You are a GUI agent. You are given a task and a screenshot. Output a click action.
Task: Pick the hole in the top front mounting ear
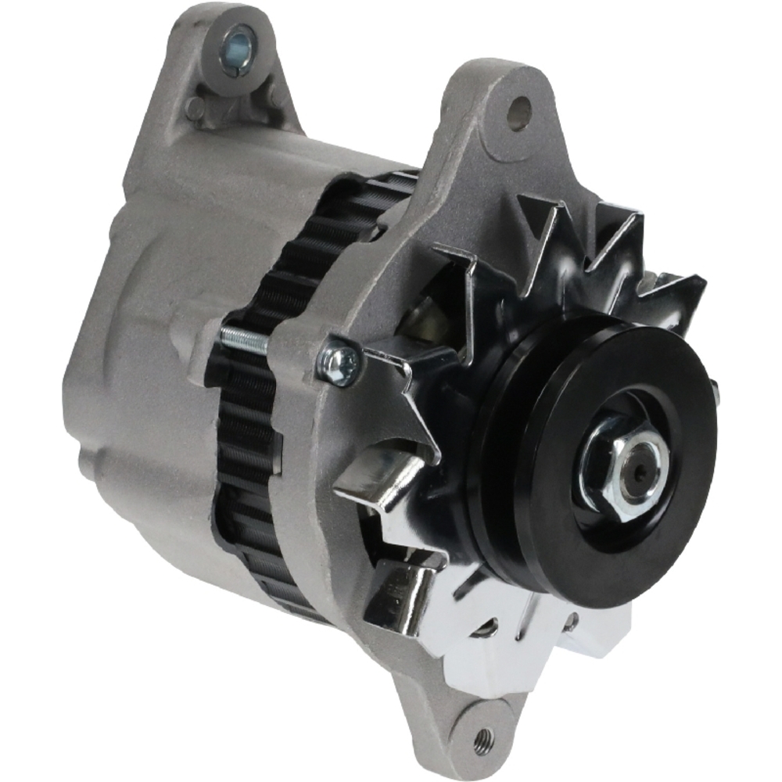518,112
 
